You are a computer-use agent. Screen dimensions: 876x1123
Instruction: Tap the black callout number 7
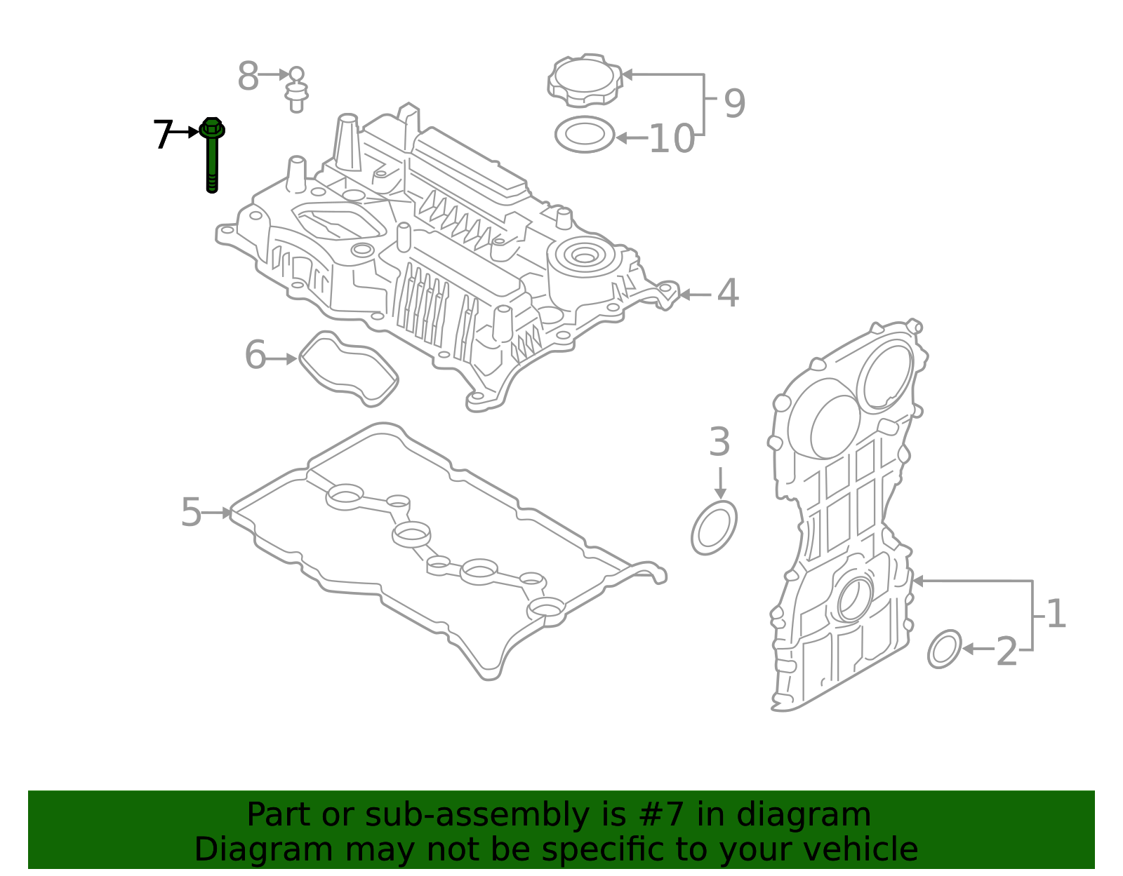pos(163,134)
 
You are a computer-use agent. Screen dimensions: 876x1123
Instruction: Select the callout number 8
pos(248,76)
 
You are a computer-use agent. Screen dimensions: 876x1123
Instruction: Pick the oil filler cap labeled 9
pos(584,80)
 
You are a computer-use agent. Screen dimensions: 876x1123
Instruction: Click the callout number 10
pos(672,139)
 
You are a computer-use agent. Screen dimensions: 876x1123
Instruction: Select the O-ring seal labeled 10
pos(584,134)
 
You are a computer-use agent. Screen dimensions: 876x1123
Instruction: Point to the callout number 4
pos(728,293)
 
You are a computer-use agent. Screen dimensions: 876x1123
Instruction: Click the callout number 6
pos(255,355)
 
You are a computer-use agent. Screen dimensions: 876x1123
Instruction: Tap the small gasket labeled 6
pos(349,369)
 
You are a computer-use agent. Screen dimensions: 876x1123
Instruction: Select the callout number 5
pos(191,513)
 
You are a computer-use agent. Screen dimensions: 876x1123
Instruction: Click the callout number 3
pos(719,443)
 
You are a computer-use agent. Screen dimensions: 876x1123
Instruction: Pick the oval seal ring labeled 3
pos(714,528)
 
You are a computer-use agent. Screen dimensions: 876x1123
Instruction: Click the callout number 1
pos(1056,614)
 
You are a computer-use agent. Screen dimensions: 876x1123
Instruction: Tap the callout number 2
pos(1006,652)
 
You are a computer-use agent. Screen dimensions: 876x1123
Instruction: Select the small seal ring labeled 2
pos(945,649)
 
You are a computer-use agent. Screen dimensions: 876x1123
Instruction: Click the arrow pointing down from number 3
pos(719,483)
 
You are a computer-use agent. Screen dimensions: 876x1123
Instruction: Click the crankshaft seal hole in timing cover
pos(853,599)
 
